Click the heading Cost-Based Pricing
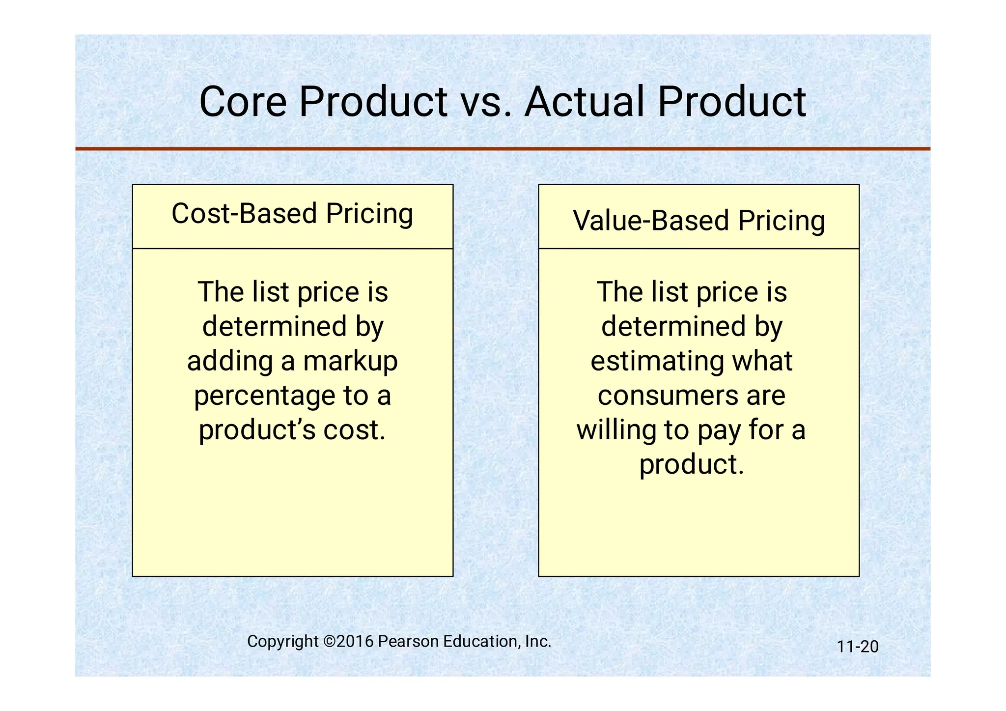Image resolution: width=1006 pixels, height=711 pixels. [292, 214]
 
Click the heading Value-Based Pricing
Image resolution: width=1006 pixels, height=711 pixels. [699, 221]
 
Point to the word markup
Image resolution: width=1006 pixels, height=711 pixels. [350, 362]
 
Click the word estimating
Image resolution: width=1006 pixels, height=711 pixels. [657, 362]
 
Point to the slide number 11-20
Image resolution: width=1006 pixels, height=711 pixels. [857, 647]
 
